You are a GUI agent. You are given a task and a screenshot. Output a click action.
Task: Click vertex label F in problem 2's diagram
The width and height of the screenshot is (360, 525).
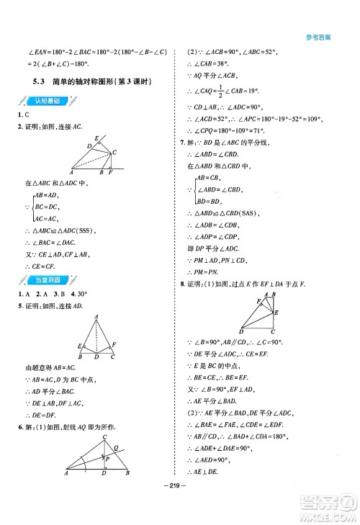coord(110,174)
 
